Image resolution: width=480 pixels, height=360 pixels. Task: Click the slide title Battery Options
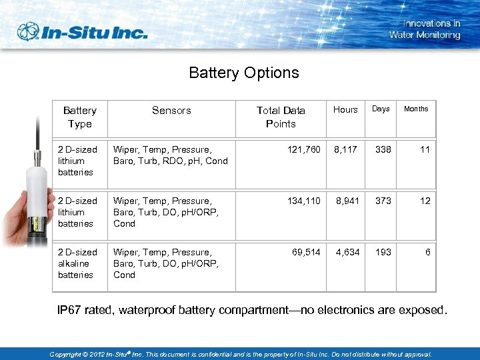244,73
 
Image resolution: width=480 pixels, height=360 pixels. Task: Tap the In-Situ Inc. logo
82,32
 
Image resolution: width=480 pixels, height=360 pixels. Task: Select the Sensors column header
171,111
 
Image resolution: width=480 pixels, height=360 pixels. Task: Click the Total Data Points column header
281,117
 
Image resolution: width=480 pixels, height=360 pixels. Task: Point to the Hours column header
345,109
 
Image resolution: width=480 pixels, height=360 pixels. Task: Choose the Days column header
381,109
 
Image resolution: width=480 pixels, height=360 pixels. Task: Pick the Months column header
416,109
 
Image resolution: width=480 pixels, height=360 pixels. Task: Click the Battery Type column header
80,117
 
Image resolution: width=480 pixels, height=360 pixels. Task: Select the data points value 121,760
303,149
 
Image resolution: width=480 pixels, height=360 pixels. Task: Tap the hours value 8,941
347,201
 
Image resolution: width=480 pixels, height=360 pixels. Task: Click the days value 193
383,252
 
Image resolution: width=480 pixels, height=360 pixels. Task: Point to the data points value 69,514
306,252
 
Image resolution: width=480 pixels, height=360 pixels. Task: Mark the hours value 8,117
347,149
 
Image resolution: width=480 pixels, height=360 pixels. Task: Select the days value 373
383,201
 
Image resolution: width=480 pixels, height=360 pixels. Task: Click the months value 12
425,201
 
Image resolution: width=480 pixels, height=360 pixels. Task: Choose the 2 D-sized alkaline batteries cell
76,263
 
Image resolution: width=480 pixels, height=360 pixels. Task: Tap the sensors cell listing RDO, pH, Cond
171,155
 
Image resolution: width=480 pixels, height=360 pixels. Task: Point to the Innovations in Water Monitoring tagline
425,29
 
